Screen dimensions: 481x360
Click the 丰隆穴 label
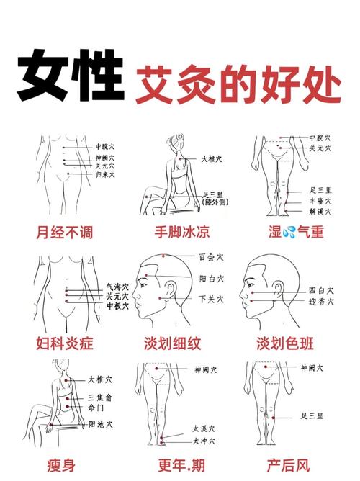point(320,202)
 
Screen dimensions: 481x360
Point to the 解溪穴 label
point(320,212)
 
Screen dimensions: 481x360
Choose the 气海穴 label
point(117,287)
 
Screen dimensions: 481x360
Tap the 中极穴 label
point(117,305)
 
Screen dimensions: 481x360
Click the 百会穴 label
point(210,256)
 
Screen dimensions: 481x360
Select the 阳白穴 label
point(210,277)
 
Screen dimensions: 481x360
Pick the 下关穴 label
point(210,298)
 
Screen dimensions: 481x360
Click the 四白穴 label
point(321,290)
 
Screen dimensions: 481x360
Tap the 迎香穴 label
point(321,302)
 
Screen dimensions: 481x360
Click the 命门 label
point(97,408)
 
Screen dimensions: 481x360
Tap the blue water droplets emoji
point(289,232)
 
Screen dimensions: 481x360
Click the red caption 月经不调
point(64,233)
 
